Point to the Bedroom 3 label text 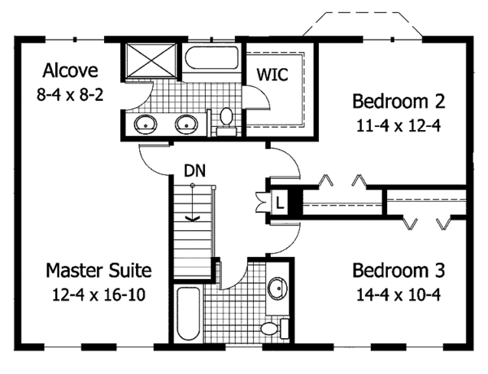[399, 270]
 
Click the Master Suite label [98, 270]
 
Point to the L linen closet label [278, 201]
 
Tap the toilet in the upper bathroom [227, 118]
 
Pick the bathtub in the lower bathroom [185, 315]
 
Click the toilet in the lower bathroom [270, 328]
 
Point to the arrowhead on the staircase [193, 217]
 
